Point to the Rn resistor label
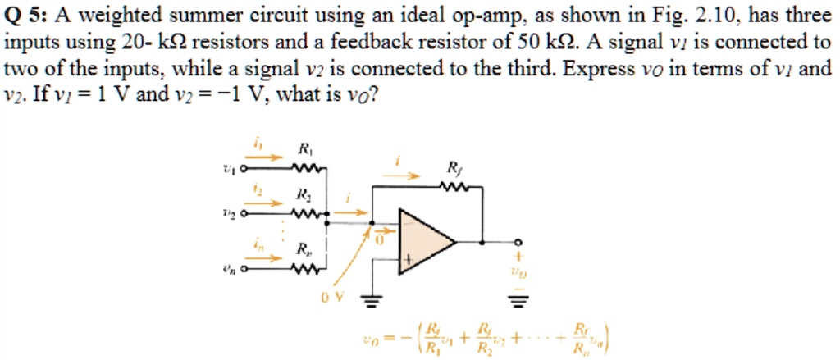(x=304, y=249)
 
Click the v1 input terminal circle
(x=242, y=170)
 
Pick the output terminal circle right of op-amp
(x=517, y=242)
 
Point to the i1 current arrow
(x=263, y=158)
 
